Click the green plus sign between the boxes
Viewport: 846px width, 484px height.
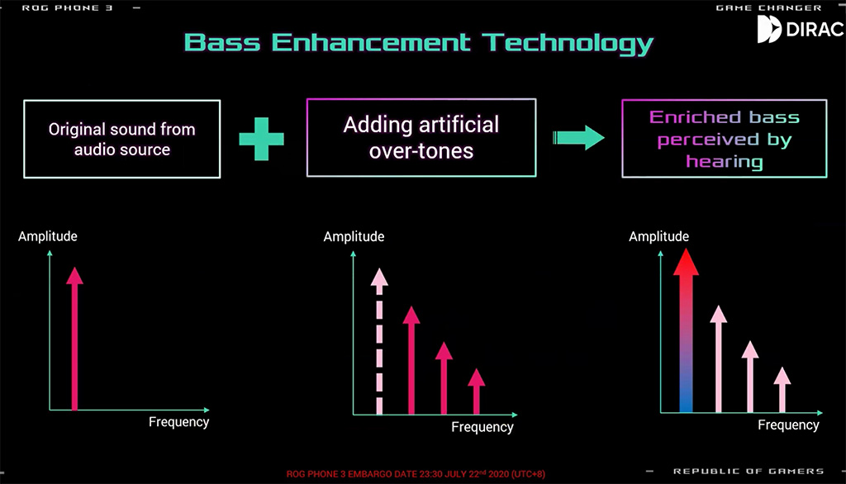point(262,140)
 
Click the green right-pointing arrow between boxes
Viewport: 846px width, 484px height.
point(577,138)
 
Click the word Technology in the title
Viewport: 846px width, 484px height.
point(567,43)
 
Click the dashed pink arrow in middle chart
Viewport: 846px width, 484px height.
point(379,341)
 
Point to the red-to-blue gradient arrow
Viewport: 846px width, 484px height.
point(686,330)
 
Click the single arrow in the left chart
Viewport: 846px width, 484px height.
point(74,339)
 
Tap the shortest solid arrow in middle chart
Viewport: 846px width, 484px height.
point(477,391)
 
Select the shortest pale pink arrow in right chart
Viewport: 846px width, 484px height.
point(782,390)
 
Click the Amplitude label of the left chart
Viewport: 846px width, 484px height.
point(47,236)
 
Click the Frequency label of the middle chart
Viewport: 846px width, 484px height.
point(482,427)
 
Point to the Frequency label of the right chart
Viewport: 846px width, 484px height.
point(788,425)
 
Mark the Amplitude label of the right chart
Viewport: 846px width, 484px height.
point(658,236)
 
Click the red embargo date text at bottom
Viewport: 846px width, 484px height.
point(416,474)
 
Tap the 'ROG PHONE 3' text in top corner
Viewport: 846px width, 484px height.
point(68,7)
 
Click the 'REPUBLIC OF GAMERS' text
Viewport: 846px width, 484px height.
point(749,471)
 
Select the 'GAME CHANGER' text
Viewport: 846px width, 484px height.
point(769,7)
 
